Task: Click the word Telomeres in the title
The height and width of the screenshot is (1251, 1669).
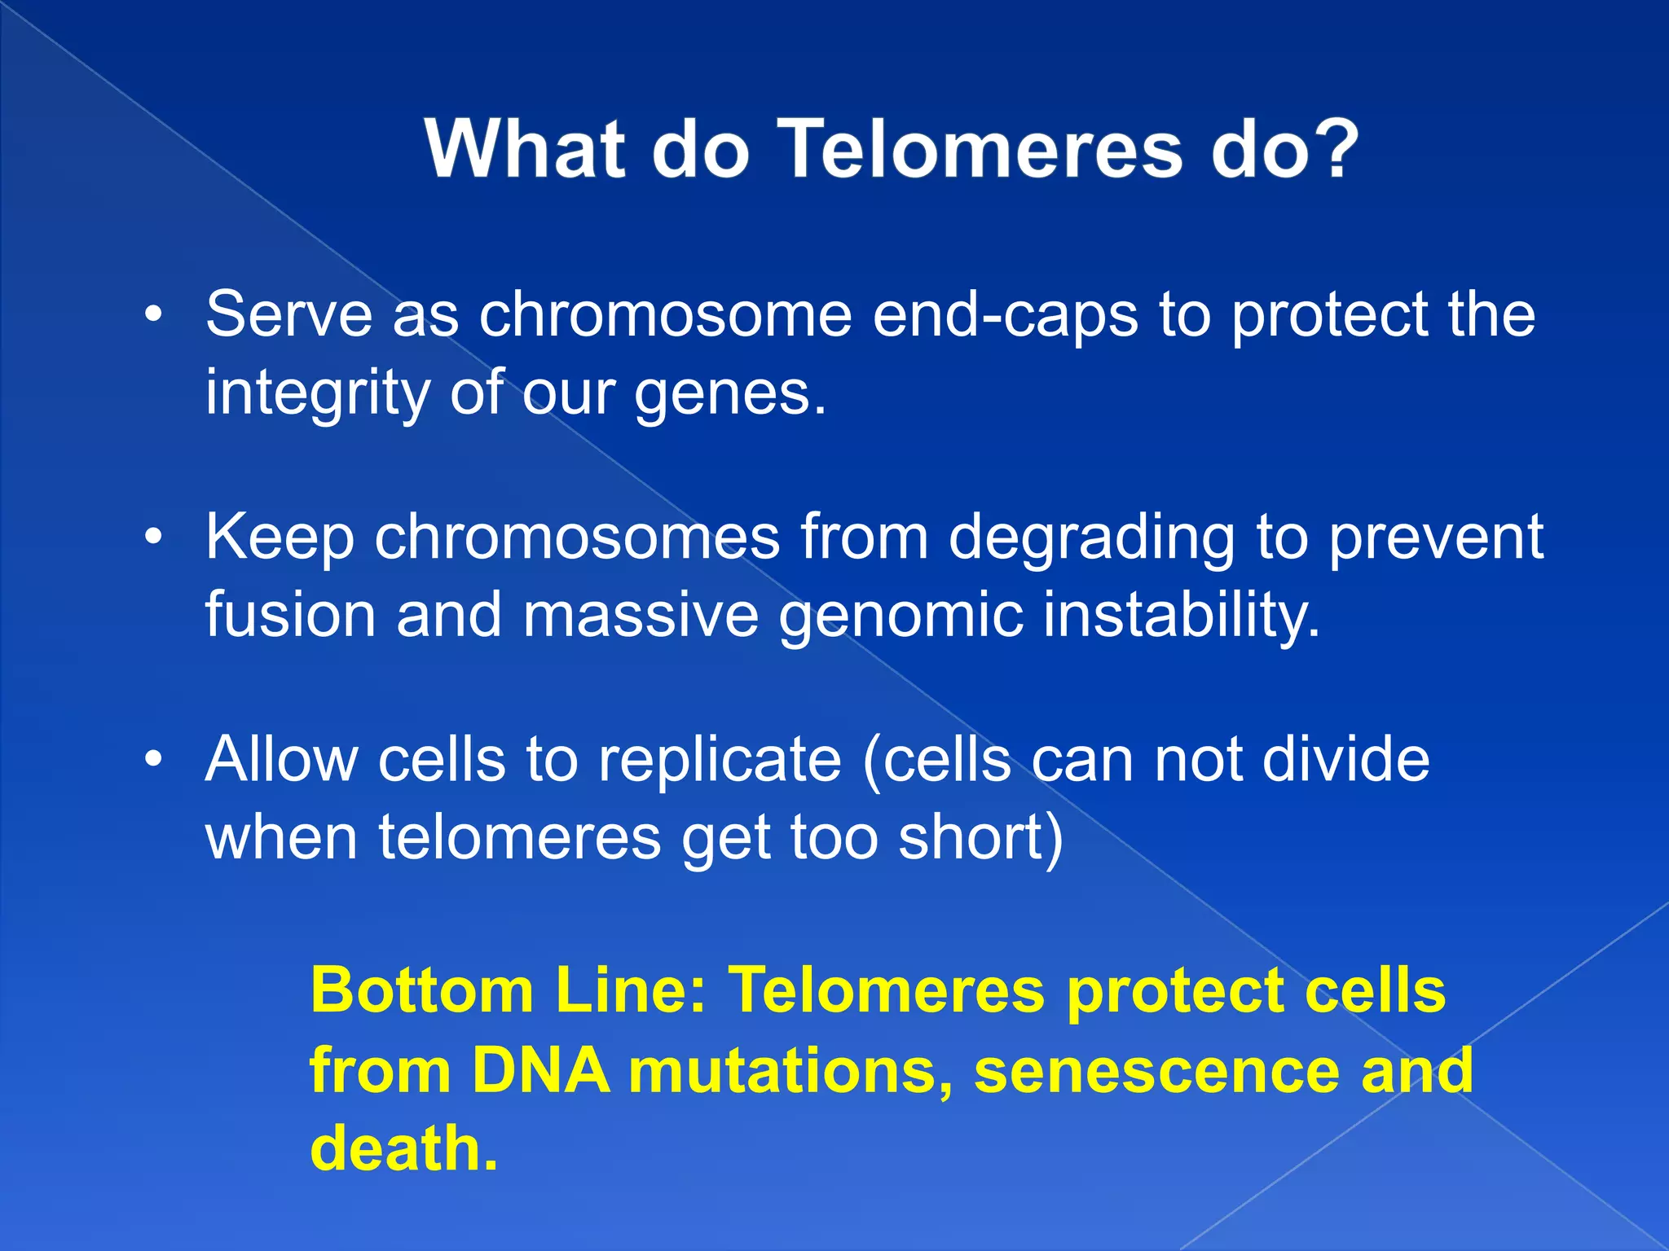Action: tap(981, 150)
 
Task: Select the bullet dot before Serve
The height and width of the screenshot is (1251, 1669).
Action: tap(154, 315)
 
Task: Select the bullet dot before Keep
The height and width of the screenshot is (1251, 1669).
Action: tap(154, 538)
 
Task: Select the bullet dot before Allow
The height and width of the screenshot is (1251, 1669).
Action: tap(154, 760)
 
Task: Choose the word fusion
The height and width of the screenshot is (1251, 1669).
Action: tap(290, 615)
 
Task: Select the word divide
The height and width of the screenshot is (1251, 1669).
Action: tap(1345, 759)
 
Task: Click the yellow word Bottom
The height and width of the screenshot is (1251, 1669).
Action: tap(421, 990)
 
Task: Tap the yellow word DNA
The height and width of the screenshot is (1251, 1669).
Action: tap(540, 1070)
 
